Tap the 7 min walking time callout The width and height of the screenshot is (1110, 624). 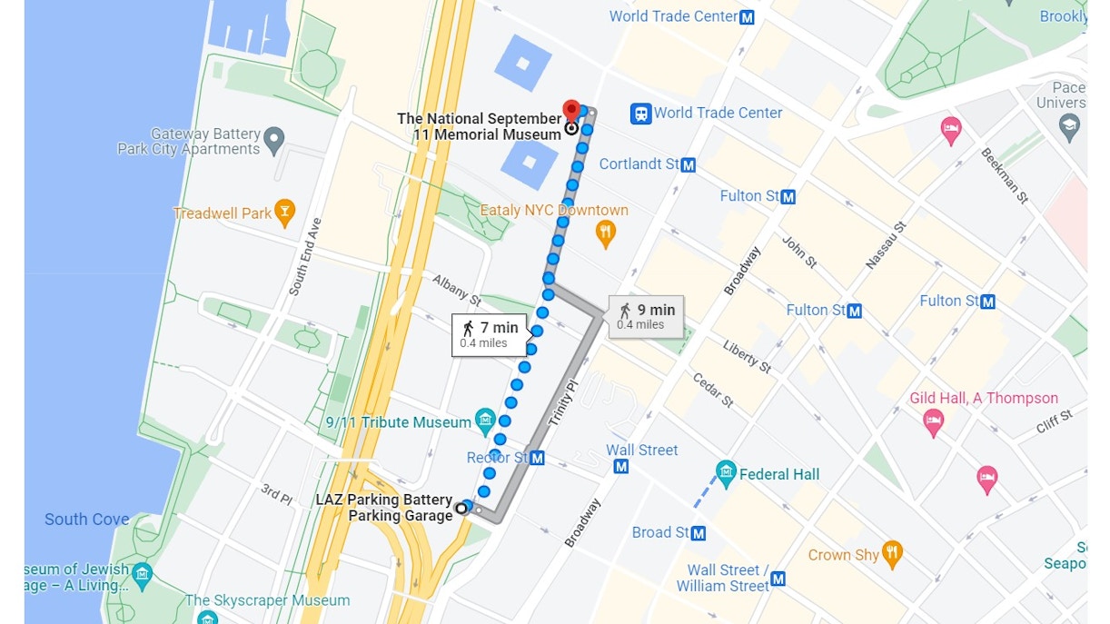tap(490, 334)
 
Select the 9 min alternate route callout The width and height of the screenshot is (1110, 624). tap(646, 316)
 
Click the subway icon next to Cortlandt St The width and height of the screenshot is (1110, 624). tap(689, 165)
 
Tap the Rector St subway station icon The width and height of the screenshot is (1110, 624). tap(538, 458)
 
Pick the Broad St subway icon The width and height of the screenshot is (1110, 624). tap(699, 533)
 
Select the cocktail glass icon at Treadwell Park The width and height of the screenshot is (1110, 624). tap(285, 213)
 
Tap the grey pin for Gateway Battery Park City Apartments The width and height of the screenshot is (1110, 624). tap(274, 141)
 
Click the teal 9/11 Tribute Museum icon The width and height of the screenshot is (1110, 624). tap(485, 421)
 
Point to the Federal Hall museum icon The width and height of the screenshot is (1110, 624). tap(725, 473)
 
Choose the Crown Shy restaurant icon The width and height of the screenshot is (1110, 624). tap(893, 554)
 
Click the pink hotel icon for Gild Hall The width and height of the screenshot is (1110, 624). tap(933, 421)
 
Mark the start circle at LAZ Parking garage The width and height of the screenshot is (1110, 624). tap(461, 509)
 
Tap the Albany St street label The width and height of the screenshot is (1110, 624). tap(456, 288)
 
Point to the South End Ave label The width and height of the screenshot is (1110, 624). tap(305, 257)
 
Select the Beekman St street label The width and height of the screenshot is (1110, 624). tap(1005, 175)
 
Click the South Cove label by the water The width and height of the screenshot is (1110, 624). tap(87, 520)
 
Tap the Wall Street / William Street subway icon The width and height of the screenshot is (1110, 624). tap(778, 579)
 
